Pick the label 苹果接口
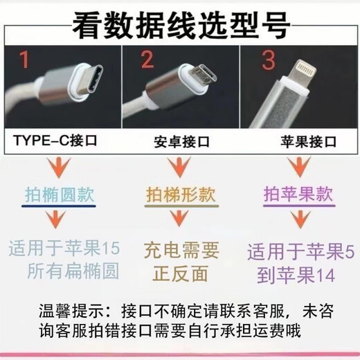[x=303, y=143]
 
